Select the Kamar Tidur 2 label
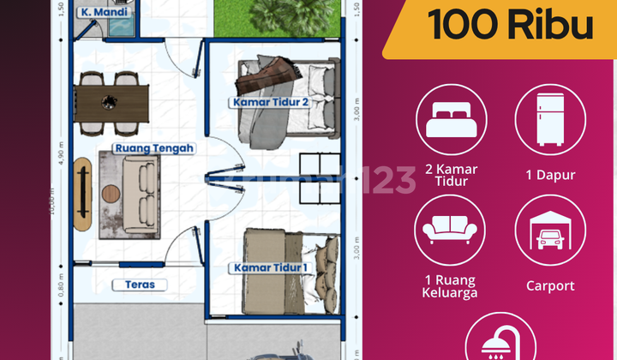point(269,103)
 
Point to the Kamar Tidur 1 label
point(269,268)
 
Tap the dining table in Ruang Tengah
point(111,101)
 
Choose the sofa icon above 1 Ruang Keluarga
point(451,230)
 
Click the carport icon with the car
point(550,230)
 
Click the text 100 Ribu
point(511,25)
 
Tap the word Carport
point(550,285)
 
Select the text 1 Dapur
point(550,175)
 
